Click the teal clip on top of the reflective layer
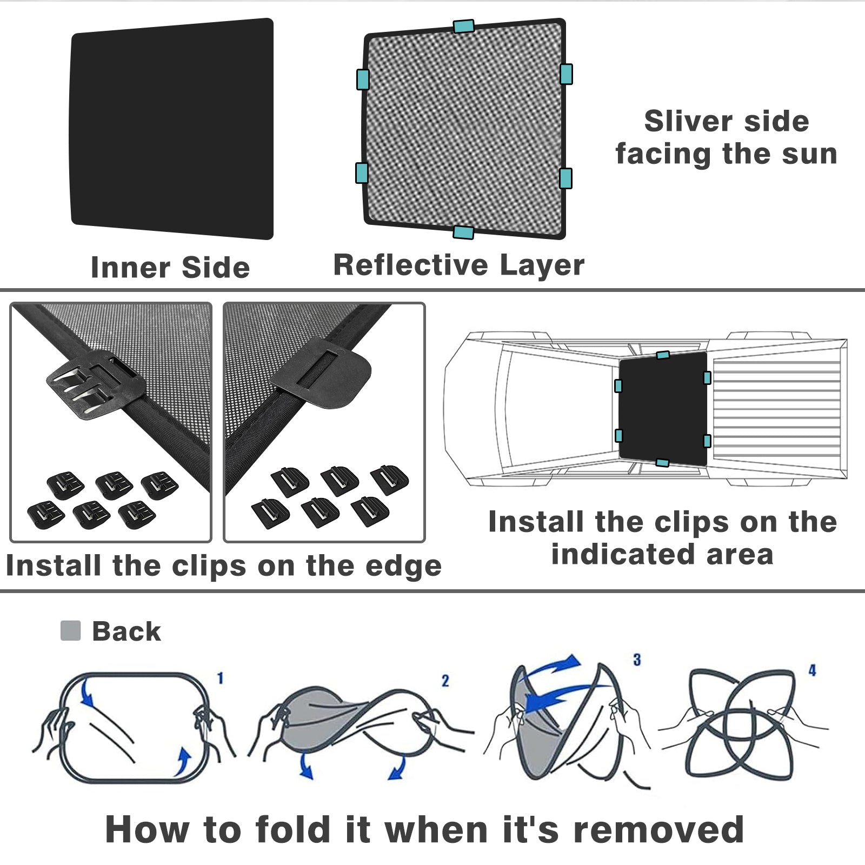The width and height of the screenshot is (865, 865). [x=464, y=26]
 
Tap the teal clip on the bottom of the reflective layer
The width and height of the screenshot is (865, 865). [x=463, y=232]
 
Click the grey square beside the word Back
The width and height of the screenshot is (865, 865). [x=70, y=630]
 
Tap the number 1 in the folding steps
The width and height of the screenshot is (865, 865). [x=221, y=678]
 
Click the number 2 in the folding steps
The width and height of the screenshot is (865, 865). [x=445, y=681]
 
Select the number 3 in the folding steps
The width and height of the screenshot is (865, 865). [x=637, y=660]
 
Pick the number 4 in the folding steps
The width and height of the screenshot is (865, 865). [x=812, y=670]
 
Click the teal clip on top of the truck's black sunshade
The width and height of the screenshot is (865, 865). [x=663, y=355]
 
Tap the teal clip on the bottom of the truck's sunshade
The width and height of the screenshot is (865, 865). [x=662, y=463]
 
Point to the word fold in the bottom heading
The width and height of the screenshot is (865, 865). [x=292, y=829]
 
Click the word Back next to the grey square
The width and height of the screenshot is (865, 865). [x=127, y=631]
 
